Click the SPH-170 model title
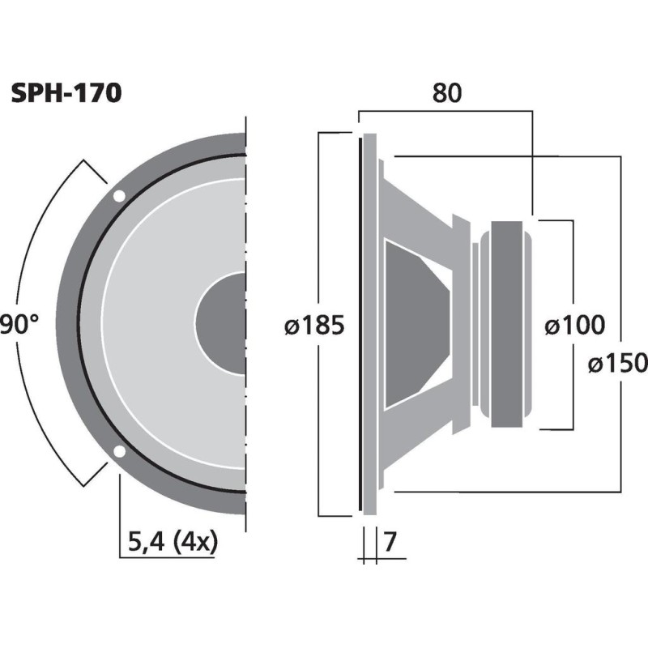click(66, 94)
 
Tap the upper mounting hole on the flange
click(119, 196)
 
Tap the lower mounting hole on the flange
click(119, 451)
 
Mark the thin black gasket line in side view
click(359, 324)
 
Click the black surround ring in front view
click(79, 324)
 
